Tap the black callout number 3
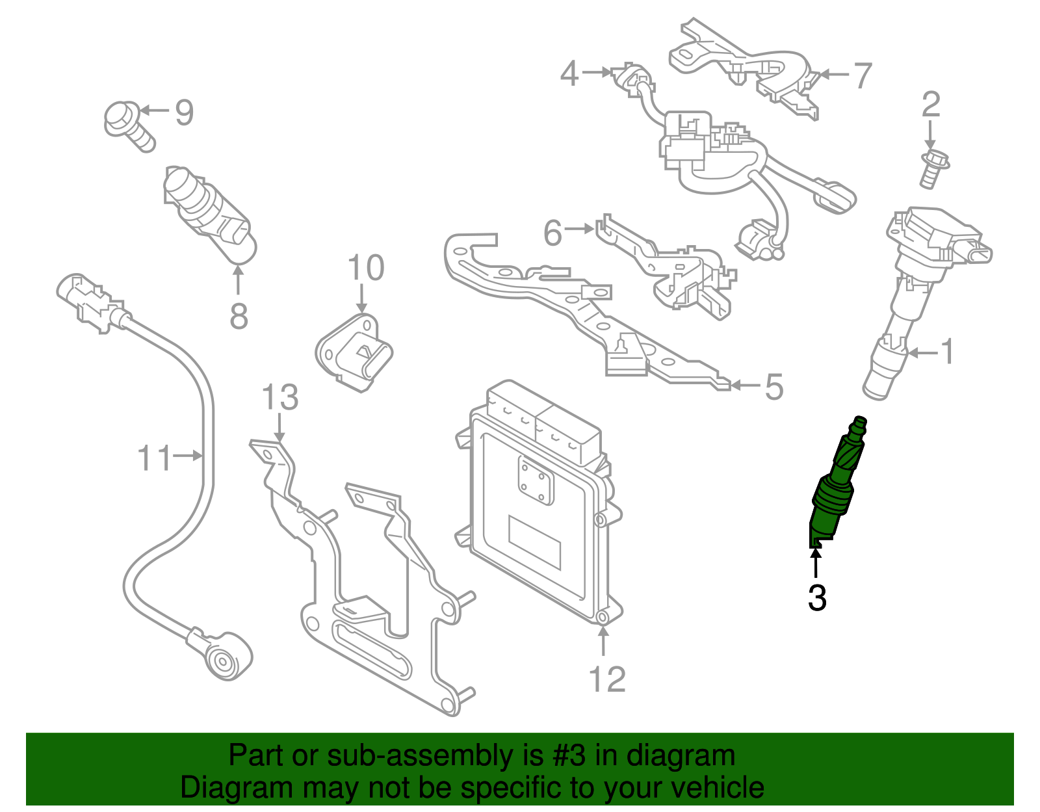[x=817, y=598]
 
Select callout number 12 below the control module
[x=606, y=679]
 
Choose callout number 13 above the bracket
[x=280, y=398]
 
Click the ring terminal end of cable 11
[x=223, y=660]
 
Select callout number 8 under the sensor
[x=239, y=317]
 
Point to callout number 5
[x=773, y=387]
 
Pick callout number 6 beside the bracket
[x=552, y=233]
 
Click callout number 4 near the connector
[x=569, y=73]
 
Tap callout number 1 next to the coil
[x=948, y=352]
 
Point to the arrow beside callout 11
[x=188, y=456]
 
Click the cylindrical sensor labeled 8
[x=207, y=211]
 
